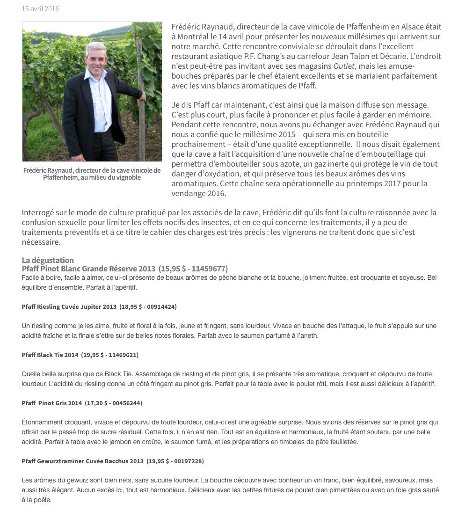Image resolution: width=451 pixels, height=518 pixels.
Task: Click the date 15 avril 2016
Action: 40,9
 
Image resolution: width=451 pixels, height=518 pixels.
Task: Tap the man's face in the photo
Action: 96,61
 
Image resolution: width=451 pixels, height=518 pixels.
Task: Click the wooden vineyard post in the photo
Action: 140,94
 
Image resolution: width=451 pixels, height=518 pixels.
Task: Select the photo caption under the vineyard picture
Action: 92,174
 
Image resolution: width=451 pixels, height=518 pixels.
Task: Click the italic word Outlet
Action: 343,66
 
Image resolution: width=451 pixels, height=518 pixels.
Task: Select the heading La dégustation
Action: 48,260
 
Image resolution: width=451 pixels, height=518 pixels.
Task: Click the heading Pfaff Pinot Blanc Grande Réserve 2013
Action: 88,269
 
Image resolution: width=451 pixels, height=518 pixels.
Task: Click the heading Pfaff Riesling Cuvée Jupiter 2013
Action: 69,307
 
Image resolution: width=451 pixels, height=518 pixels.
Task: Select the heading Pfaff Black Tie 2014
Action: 50,355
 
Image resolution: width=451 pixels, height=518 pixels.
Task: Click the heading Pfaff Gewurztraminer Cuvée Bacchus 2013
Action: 82,461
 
